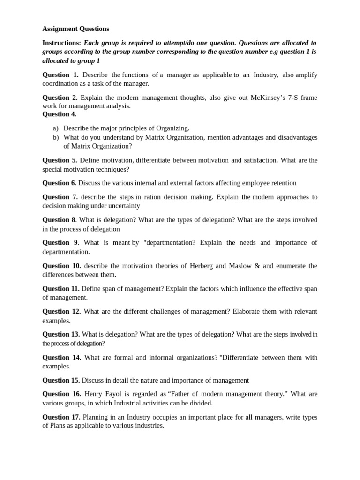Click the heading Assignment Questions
click(75, 29)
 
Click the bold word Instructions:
click(61, 43)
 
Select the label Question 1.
click(60, 75)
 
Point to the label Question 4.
click(59, 114)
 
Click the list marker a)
click(56, 128)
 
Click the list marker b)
click(56, 137)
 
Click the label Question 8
click(59, 220)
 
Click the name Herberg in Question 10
click(201, 266)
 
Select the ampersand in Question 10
click(257, 266)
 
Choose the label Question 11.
click(61, 289)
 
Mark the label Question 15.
click(61, 380)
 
